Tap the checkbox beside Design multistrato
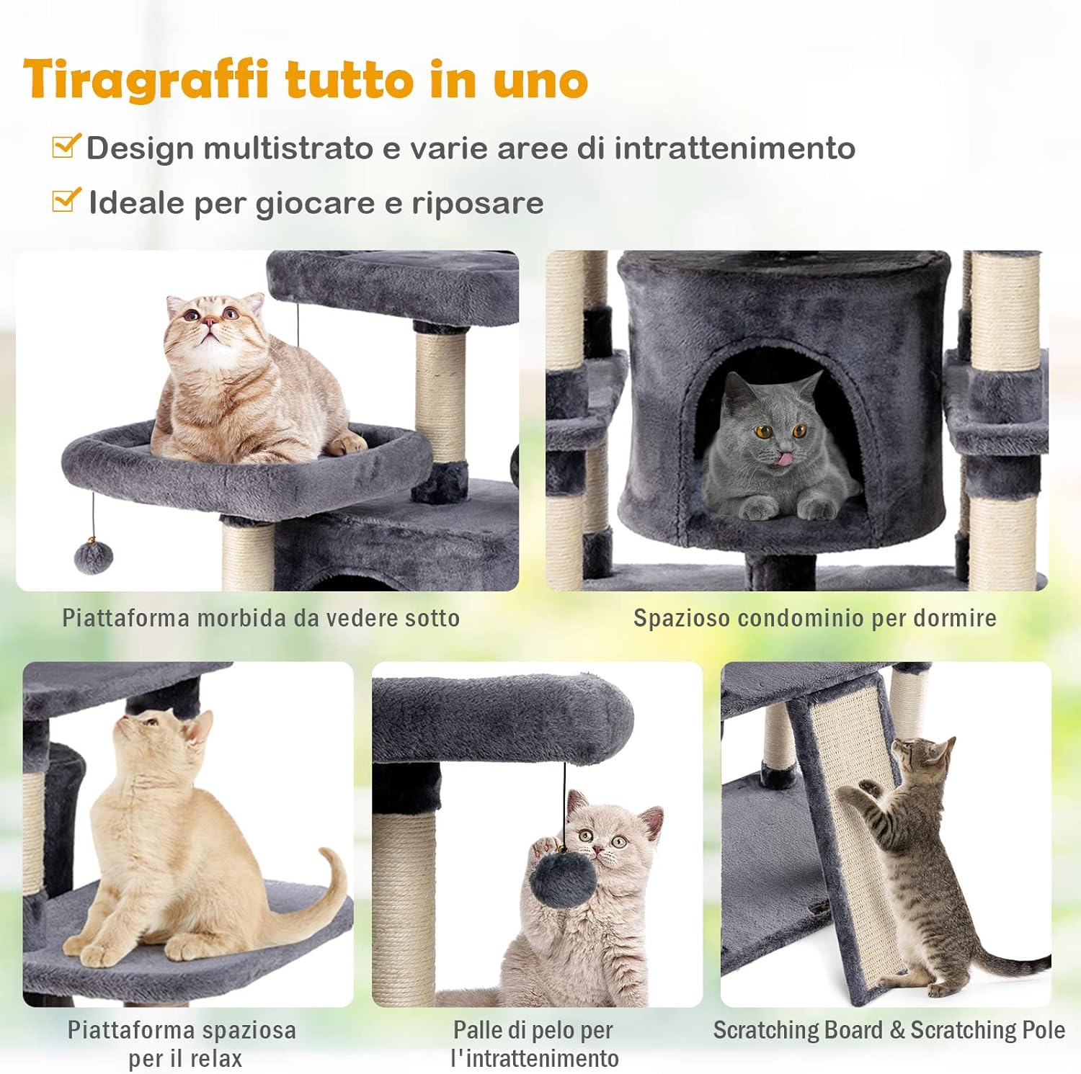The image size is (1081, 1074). (x=66, y=146)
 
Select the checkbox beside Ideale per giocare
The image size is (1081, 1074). (x=66, y=200)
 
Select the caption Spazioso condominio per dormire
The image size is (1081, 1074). (x=814, y=618)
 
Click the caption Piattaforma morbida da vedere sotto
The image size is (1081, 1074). (x=260, y=618)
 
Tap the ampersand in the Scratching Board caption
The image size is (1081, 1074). (x=897, y=1030)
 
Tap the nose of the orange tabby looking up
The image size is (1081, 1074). (x=208, y=321)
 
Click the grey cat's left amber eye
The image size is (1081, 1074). (x=763, y=432)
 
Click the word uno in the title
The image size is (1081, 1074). (x=540, y=81)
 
